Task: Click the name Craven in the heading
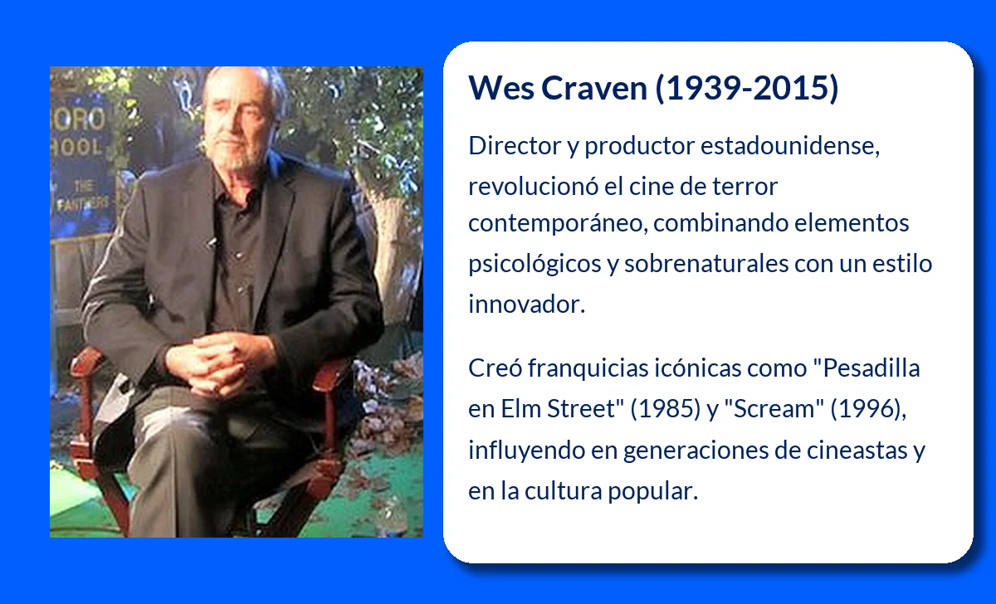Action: [593, 88]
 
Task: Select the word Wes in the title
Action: [501, 88]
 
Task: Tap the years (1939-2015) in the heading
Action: [747, 89]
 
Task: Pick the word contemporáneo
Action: [558, 223]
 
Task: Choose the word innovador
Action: [527, 304]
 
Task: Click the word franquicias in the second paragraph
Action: [588, 369]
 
